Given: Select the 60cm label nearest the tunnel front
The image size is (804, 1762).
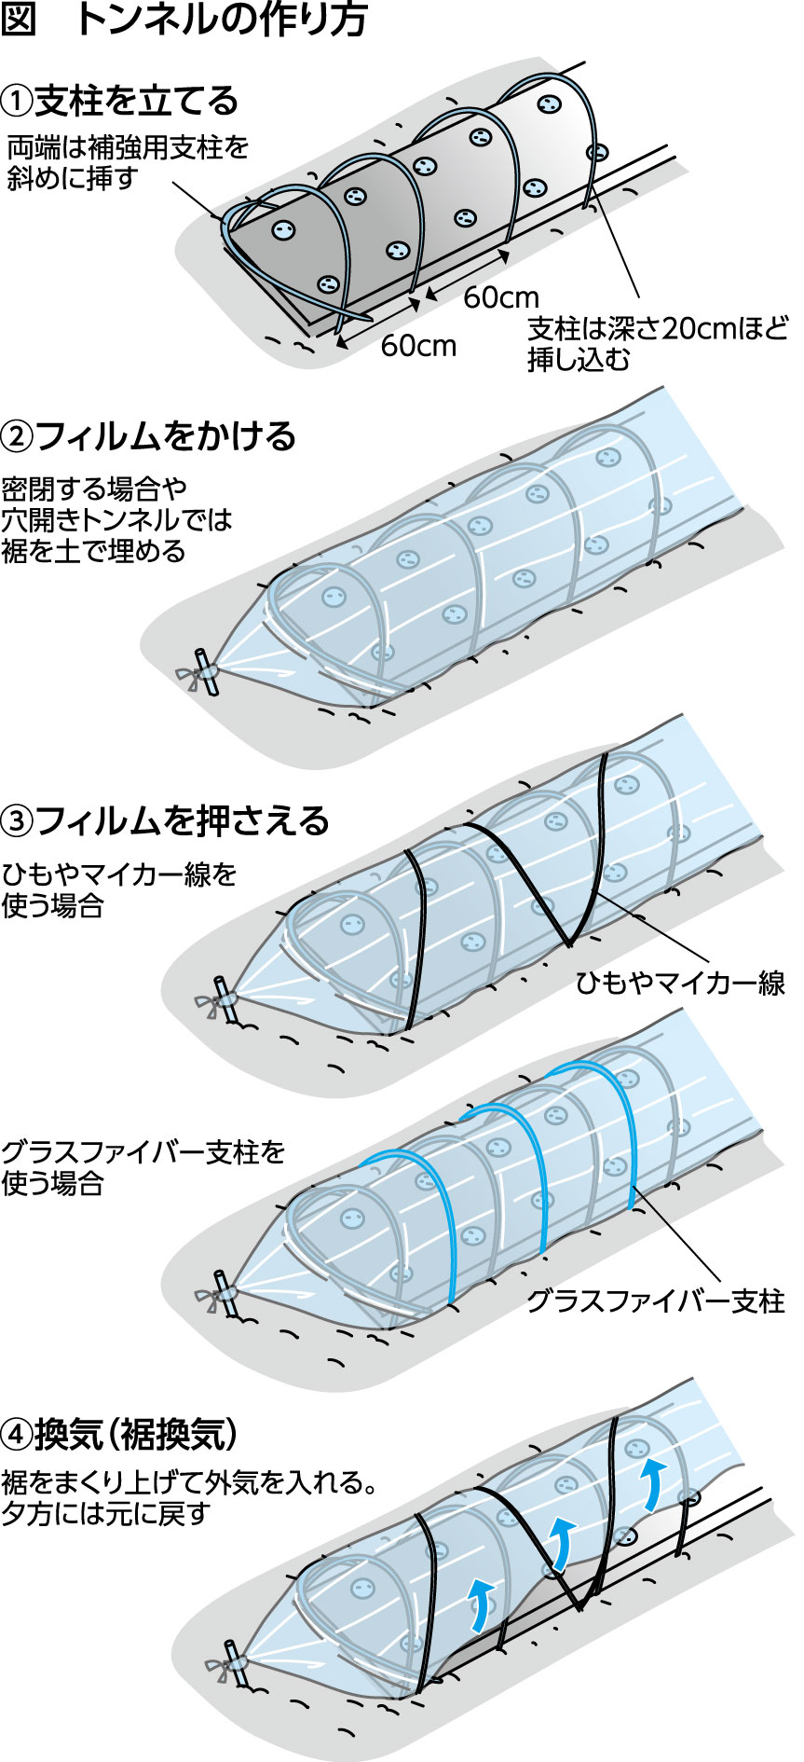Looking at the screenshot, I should pyautogui.click(x=418, y=346).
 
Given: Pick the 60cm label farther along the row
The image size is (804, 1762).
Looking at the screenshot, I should pyautogui.click(x=501, y=297).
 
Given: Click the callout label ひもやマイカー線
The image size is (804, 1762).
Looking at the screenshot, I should pyautogui.click(x=679, y=982).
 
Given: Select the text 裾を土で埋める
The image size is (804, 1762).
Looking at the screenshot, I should pyautogui.click(x=93, y=551).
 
